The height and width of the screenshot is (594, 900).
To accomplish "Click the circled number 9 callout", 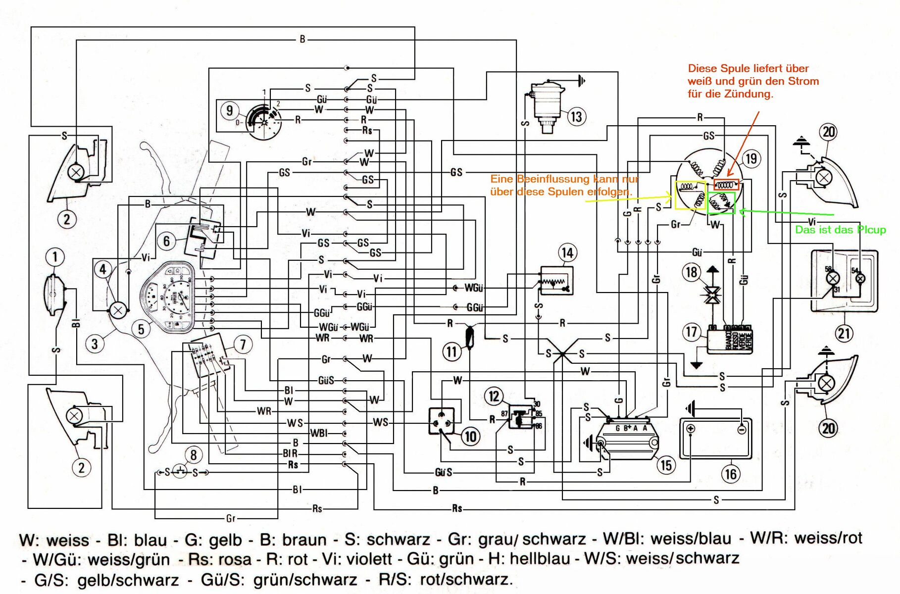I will [x=229, y=110].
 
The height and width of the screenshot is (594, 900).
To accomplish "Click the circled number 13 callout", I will [x=576, y=117].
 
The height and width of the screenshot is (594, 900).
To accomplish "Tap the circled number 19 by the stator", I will [x=751, y=158].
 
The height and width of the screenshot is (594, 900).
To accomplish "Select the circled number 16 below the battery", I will [x=731, y=474].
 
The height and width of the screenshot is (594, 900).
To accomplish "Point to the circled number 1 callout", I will [x=55, y=257].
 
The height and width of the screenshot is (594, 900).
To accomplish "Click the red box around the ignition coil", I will [x=726, y=185].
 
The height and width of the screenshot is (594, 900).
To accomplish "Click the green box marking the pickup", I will [x=721, y=203].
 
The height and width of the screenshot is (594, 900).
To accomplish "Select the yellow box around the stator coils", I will [x=690, y=195].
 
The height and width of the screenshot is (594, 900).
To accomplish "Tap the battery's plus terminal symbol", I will [x=691, y=429].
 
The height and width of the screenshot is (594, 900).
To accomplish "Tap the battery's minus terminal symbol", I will [x=741, y=429].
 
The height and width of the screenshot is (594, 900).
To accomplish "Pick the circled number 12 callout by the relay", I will [x=494, y=396].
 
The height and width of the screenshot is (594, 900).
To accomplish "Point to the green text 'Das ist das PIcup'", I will [x=840, y=230].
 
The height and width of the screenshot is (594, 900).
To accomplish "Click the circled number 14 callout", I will [x=567, y=253].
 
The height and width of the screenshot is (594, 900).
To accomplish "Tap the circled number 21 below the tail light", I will [x=844, y=333].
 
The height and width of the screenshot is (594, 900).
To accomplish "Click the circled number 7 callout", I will [x=243, y=344].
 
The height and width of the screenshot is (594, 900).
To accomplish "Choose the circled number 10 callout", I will [x=470, y=436].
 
